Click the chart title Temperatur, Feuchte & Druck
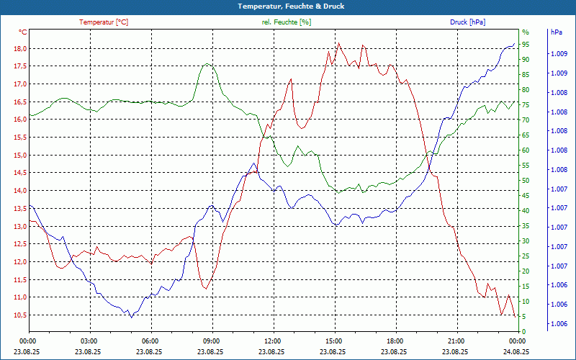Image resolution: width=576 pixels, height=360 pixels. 288,6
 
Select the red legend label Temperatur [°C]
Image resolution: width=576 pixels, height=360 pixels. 104,22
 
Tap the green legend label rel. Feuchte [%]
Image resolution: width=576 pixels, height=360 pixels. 287,22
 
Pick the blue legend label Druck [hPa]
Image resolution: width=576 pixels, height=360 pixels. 467,22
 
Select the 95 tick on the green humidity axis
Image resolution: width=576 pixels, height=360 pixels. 526,45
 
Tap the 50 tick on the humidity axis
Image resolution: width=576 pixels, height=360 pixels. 526,181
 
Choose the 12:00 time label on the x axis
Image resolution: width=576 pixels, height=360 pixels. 273,341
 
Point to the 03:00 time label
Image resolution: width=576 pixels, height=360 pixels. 89,341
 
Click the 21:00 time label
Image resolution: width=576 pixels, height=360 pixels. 456,341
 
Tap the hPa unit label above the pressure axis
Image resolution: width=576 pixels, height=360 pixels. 556,32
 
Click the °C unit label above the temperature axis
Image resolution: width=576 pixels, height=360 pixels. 23,32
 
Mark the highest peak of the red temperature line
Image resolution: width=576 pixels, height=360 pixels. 338,43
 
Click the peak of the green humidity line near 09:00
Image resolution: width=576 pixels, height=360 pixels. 208,63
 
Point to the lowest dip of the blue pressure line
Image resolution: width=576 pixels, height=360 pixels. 131,317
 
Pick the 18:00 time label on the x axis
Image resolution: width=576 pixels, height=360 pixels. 395,341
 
